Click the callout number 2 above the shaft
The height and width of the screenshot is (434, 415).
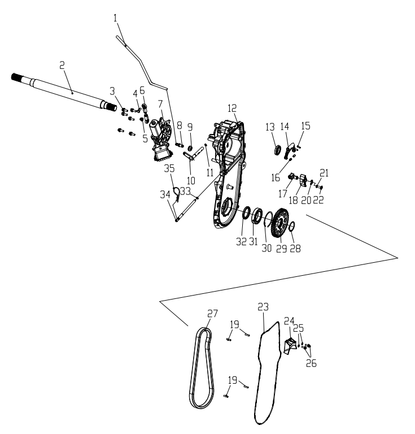tap(62, 66)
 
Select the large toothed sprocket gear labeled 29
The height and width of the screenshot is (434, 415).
tap(280, 222)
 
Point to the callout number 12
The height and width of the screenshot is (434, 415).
tap(232, 108)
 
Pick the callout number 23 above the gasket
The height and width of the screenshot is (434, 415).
tap(263, 307)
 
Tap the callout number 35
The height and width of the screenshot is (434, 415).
tap(169, 168)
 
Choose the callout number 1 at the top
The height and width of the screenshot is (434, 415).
tap(115, 18)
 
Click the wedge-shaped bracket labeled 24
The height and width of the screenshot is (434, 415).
tap(290, 345)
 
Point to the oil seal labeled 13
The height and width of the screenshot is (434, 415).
tap(278, 150)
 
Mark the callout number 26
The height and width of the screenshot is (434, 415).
tap(311, 363)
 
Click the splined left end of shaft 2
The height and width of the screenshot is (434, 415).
tap(16, 77)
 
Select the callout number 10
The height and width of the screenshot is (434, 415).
tap(191, 180)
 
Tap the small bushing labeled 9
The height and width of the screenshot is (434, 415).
tap(190, 148)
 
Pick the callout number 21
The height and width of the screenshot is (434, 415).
tap(324, 173)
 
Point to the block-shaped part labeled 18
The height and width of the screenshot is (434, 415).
tap(303, 180)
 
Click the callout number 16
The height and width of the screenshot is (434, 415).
tap(276, 178)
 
